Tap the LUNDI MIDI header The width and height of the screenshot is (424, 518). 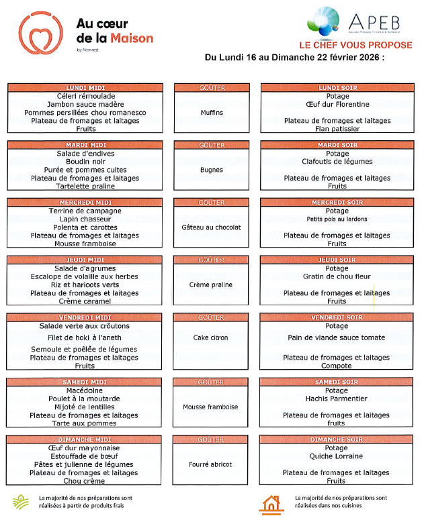click(x=85, y=88)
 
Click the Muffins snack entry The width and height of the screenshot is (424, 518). click(x=212, y=113)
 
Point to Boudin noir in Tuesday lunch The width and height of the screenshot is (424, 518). click(x=85, y=162)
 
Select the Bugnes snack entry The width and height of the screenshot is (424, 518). click(x=212, y=170)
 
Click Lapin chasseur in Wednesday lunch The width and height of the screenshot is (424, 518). click(x=85, y=219)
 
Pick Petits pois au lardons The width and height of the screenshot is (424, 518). click(x=337, y=219)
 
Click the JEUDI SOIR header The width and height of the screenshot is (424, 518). click(x=337, y=260)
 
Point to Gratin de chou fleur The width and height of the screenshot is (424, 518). click(x=337, y=276)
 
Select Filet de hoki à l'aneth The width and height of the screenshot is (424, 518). click(x=85, y=338)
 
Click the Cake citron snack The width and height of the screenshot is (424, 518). click(x=210, y=338)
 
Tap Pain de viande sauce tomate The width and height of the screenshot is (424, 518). click(x=337, y=338)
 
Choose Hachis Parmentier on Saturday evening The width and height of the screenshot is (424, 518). click(x=337, y=399)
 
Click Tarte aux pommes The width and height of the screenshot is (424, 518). click(x=85, y=423)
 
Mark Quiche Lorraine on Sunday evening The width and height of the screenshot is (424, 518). click(x=337, y=456)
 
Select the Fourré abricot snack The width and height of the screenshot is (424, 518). click(x=210, y=464)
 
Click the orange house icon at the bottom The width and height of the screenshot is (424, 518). click(x=270, y=503)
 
